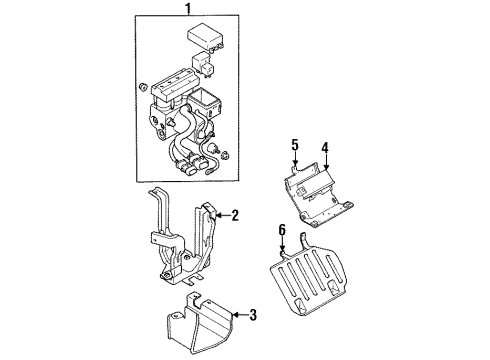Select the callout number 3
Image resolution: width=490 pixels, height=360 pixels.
tap(252, 317)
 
